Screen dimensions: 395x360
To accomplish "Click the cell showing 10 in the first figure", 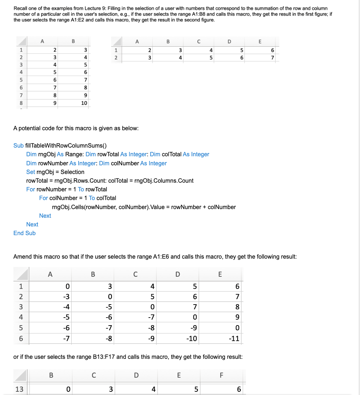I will point(84,103).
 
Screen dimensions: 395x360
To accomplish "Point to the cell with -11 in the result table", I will point(234,339).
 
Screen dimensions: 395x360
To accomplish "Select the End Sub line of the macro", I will point(24,233).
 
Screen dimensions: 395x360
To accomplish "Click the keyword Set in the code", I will point(30,172).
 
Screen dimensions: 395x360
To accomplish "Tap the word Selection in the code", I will point(72,172).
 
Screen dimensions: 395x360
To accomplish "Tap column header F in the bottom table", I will point(222,375).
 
